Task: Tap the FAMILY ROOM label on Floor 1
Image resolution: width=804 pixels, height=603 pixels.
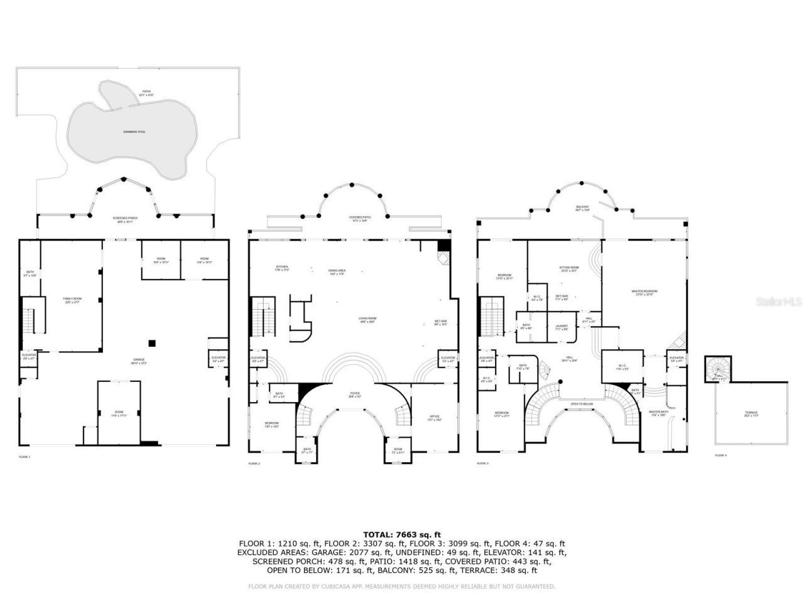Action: (x=72, y=300)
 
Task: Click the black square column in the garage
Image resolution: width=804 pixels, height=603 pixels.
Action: (x=151, y=342)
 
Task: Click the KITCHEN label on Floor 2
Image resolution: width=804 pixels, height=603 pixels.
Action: (x=281, y=268)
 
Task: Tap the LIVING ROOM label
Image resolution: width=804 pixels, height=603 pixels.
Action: (x=367, y=320)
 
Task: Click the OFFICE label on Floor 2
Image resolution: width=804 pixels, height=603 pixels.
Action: (x=434, y=417)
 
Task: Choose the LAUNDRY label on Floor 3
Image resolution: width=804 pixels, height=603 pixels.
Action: (x=562, y=327)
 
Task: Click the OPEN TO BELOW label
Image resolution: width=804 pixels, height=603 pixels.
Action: (x=582, y=403)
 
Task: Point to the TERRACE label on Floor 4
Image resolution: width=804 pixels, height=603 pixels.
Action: (x=751, y=413)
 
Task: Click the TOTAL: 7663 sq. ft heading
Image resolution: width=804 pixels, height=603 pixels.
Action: (x=402, y=535)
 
